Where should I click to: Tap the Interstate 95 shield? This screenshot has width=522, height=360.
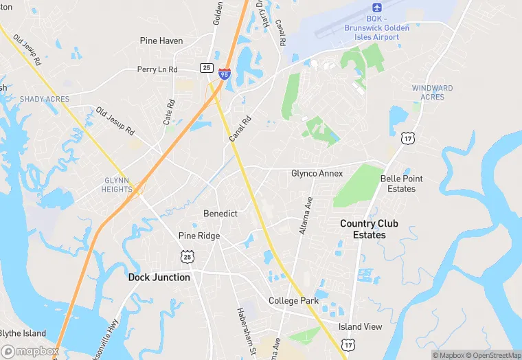point(225,72)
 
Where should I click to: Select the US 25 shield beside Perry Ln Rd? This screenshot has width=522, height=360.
point(206,67)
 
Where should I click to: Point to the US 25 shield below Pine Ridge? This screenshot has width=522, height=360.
point(188,256)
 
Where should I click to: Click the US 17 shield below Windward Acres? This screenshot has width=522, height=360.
point(408,139)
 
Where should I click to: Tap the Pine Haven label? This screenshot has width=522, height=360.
point(161,41)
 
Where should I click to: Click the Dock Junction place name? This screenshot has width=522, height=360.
point(159,278)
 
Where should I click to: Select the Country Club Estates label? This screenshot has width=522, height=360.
point(369,229)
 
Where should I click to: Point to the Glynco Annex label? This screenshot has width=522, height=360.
point(317,173)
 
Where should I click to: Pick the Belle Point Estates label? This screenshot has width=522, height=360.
point(402,183)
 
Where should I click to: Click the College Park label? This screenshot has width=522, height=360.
point(293,301)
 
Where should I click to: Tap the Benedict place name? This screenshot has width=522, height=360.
point(220,214)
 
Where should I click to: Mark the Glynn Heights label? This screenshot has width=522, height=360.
point(117,184)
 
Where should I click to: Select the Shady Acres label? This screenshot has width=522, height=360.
point(45,99)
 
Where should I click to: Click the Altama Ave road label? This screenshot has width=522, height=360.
point(306,215)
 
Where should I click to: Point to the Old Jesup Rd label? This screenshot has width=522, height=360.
point(115,120)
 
